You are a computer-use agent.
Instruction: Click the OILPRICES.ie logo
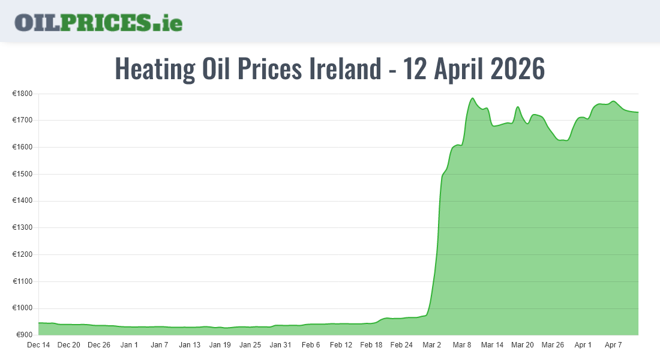pyautogui.click(x=98, y=22)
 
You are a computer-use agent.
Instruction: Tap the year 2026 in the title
pyautogui.click(x=517, y=69)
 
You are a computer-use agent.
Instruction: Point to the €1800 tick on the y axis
pyautogui.click(x=22, y=94)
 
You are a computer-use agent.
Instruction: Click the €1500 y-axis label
pyautogui.click(x=22, y=174)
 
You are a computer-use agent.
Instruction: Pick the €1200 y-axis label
pyautogui.click(x=22, y=254)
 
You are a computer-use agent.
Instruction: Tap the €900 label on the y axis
pyautogui.click(x=24, y=335)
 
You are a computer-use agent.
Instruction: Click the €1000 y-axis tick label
pyautogui.click(x=22, y=308)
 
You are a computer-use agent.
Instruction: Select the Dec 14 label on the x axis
pyautogui.click(x=38, y=345)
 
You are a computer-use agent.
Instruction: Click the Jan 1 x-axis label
pyautogui.click(x=129, y=345)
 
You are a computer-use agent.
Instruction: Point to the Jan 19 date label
pyautogui.click(x=220, y=345)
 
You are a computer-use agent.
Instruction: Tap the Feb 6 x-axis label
pyautogui.click(x=311, y=345)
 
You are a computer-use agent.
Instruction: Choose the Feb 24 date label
pyautogui.click(x=401, y=345)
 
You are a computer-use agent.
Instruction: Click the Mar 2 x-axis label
pyautogui.click(x=431, y=345)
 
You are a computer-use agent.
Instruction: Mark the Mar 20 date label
pyautogui.click(x=522, y=345)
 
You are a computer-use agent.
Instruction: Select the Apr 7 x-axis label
pyautogui.click(x=613, y=345)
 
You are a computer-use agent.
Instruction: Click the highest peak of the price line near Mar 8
pyautogui.click(x=472, y=98)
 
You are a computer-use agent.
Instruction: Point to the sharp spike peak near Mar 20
pyautogui.click(x=518, y=107)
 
